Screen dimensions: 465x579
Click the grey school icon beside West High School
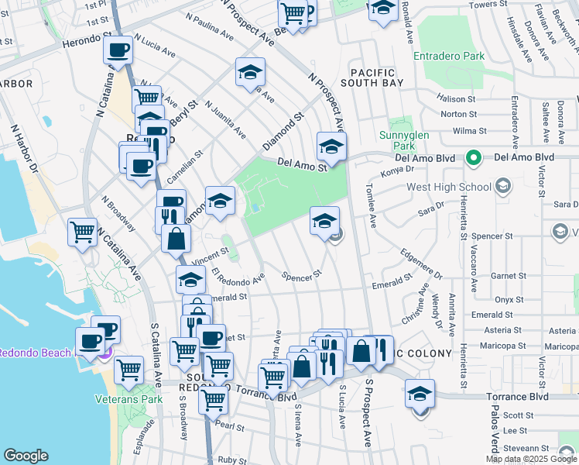(503, 186)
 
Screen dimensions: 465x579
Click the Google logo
(26, 456)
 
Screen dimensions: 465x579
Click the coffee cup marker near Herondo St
(118, 51)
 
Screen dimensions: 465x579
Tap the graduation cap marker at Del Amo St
(331, 147)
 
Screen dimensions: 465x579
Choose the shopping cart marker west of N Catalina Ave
(83, 232)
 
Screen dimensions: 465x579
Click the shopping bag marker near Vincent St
(176, 239)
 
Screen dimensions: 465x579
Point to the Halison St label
(456, 99)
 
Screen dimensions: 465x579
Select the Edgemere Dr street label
(421, 263)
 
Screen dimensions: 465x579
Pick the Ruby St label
(231, 459)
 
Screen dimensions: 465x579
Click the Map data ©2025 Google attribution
(531, 459)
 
